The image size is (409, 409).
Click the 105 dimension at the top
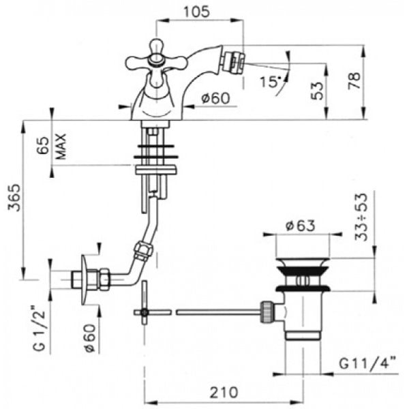click(196, 12)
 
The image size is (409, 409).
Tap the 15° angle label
click(270, 82)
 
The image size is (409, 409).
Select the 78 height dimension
click(354, 80)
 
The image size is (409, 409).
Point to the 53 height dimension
click(317, 91)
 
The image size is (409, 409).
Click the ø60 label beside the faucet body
click(215, 98)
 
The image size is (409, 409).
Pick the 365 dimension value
click(14, 198)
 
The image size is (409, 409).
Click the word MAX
click(61, 147)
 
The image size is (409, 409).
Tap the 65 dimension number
click(43, 145)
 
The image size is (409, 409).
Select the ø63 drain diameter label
click(300, 226)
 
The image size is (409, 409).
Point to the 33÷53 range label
click(361, 217)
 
